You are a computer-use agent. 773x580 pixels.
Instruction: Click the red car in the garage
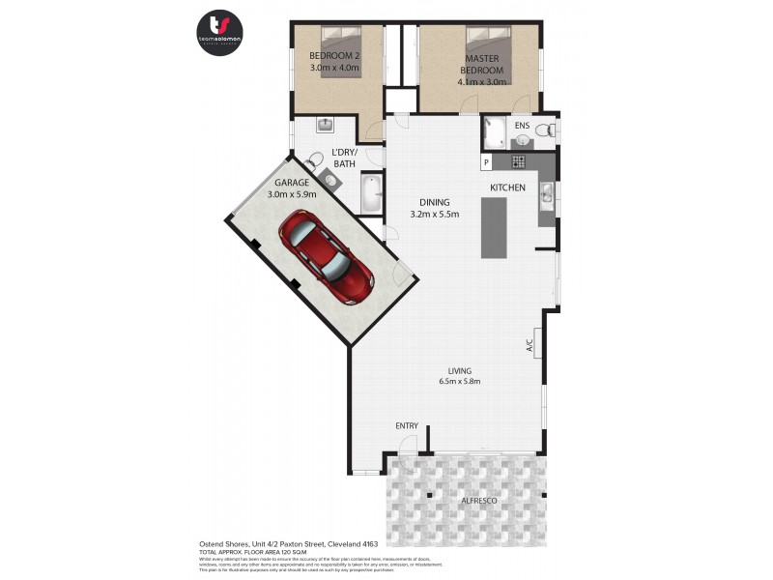326,254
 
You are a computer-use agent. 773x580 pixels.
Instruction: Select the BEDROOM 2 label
333,56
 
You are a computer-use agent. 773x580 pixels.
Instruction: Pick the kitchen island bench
494,227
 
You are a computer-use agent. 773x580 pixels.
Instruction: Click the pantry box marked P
486,161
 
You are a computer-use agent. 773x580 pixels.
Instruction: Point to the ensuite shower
495,131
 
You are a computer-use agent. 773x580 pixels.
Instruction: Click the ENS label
522,127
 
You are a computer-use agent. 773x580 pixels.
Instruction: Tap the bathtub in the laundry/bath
372,193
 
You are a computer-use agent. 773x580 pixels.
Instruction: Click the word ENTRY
407,425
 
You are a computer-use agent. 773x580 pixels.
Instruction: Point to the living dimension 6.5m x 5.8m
457,381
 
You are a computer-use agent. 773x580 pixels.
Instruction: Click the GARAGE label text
291,182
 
